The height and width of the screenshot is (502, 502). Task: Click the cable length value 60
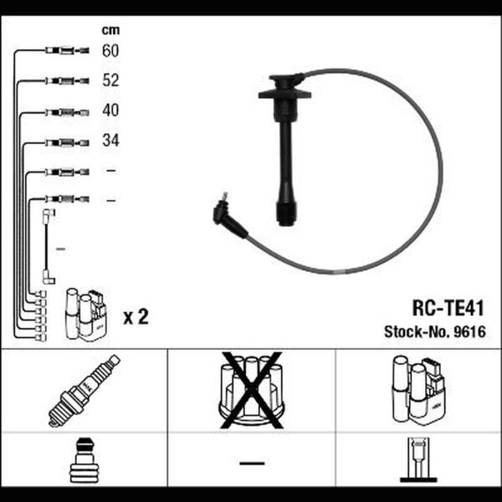110,50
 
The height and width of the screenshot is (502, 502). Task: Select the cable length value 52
110,80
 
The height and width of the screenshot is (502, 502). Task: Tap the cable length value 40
110,110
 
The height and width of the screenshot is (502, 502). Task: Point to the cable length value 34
110,141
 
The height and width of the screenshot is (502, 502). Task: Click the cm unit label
110,30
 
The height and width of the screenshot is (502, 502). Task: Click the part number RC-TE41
448,308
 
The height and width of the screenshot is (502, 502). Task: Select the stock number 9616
469,331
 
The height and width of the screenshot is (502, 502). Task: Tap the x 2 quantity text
136,317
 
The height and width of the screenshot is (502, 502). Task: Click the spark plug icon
84,391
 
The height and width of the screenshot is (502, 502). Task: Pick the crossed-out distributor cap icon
252,390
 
